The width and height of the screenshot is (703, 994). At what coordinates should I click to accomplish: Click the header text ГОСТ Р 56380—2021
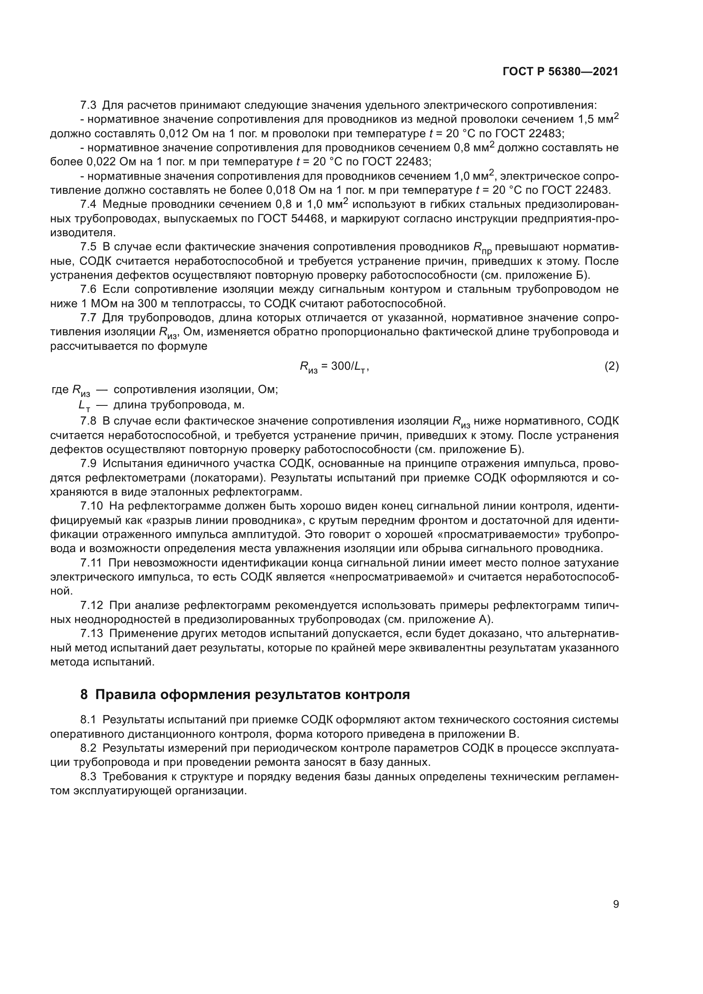[x=560, y=72]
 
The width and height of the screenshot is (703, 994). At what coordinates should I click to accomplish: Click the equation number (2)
[x=611, y=366]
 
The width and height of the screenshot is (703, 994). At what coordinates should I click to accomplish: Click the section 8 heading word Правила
[x=125, y=694]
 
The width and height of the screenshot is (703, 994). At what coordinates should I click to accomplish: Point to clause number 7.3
[x=89, y=105]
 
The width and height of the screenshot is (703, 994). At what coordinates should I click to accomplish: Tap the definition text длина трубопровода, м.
[x=179, y=406]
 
